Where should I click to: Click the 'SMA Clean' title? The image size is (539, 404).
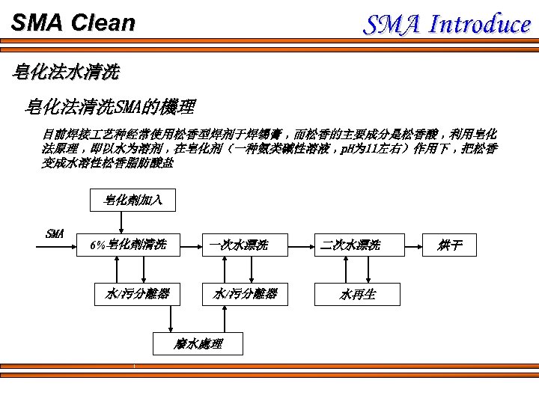pos(73,22)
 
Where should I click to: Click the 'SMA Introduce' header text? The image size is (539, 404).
pos(447,24)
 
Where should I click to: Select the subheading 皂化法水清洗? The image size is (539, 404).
pos(67,73)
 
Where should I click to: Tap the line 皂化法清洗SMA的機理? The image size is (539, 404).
pos(110,107)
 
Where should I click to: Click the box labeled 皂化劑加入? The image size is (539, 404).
pos(133,200)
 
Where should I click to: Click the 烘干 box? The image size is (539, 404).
pos(449,245)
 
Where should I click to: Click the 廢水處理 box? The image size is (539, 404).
pos(198,343)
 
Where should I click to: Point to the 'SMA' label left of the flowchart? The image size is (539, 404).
pos(55,233)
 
